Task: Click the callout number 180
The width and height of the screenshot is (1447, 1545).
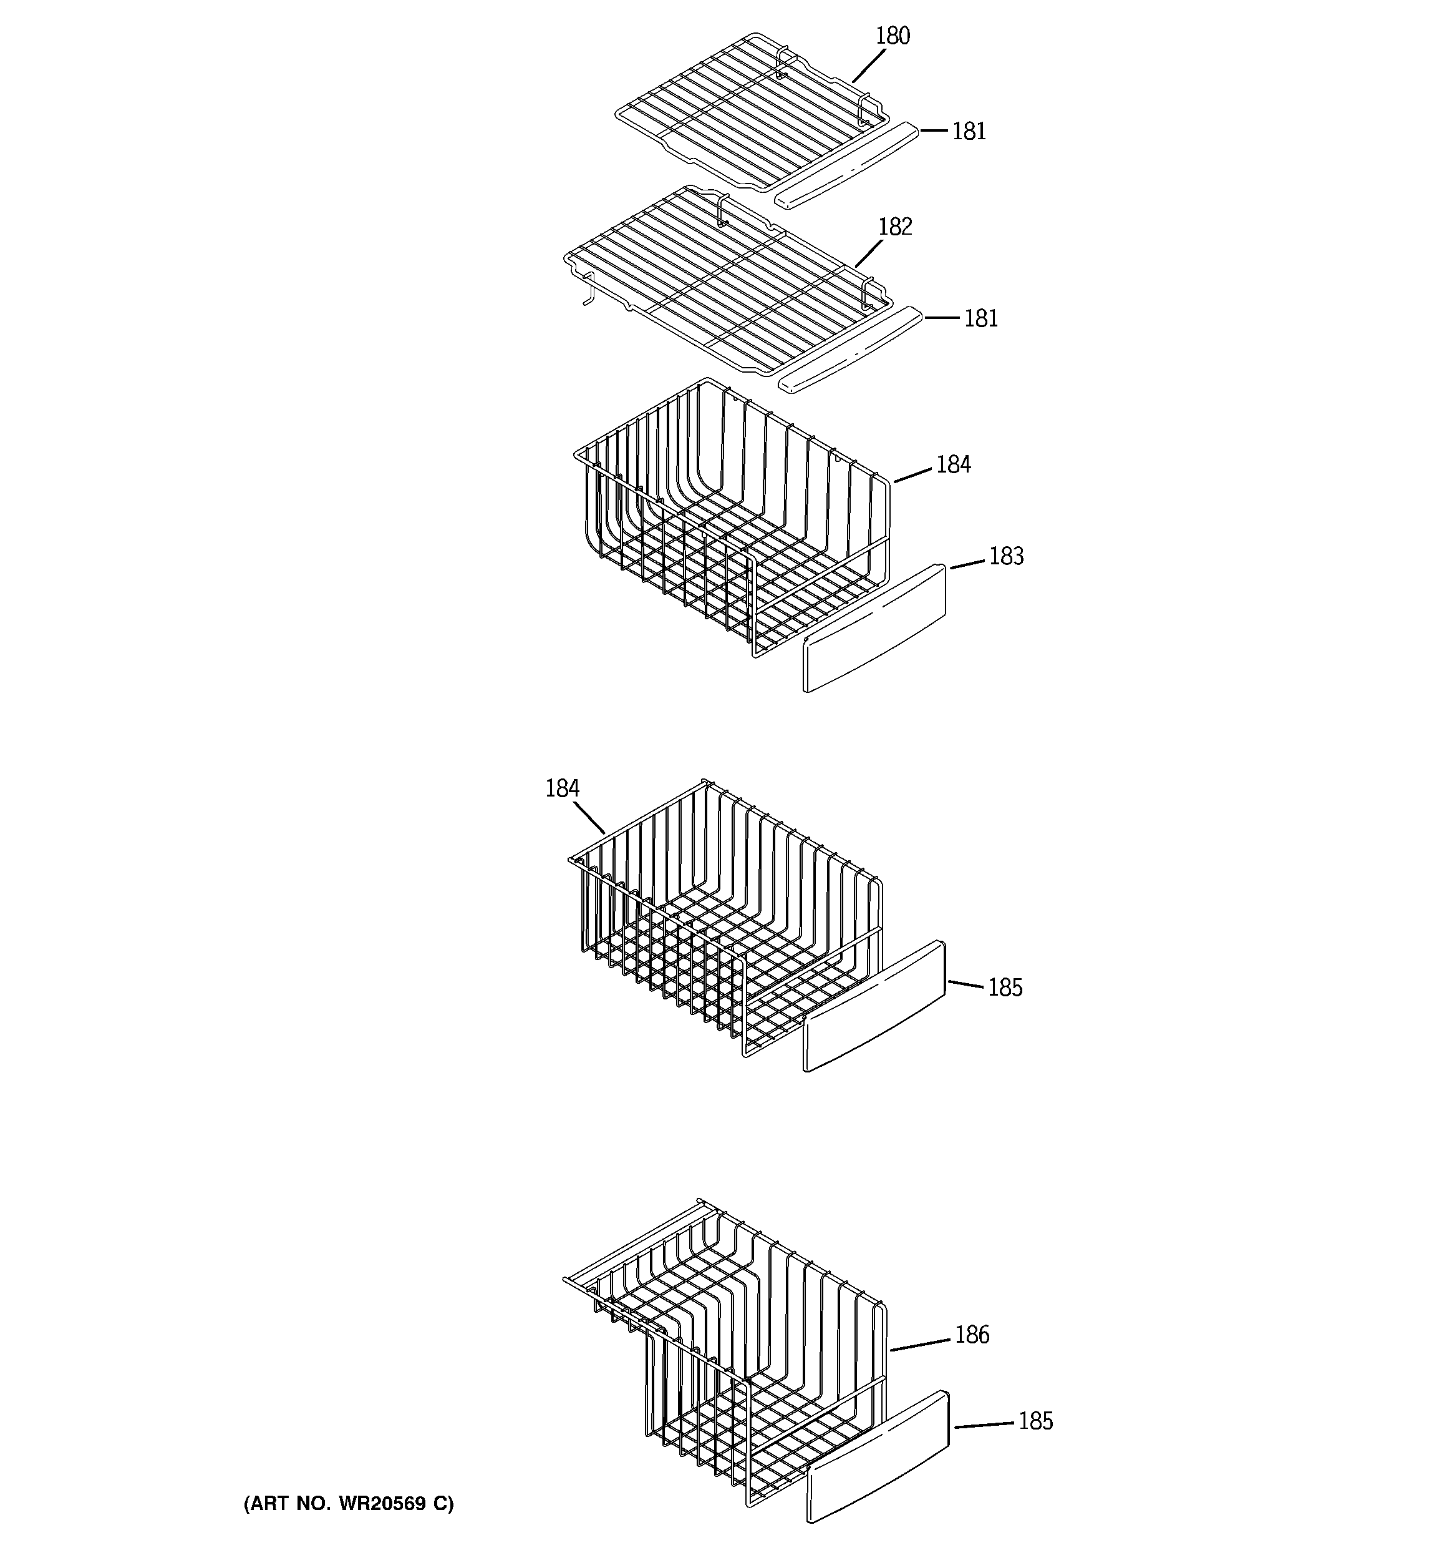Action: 893,36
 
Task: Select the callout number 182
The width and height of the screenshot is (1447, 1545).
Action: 895,227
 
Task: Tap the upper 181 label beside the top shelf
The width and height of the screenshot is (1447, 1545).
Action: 969,131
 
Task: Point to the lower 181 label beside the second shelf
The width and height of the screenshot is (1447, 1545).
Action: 980,318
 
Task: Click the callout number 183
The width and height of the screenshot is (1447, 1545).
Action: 1006,556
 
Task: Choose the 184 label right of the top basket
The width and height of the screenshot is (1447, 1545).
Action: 953,464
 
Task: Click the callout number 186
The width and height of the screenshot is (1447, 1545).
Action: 972,1335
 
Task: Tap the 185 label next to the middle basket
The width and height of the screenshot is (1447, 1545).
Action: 1005,988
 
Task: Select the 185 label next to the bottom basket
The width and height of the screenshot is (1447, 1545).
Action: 1035,1421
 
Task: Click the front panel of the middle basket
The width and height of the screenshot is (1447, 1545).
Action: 874,1006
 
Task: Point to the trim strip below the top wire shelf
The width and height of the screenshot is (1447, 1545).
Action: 846,165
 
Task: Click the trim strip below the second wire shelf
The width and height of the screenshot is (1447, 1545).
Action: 851,350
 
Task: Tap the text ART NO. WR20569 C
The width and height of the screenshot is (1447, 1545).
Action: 349,1504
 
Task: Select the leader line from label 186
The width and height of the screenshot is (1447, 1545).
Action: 921,1345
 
